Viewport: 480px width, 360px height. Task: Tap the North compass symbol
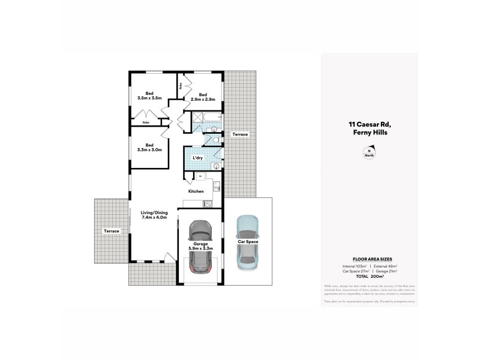[x=369, y=153]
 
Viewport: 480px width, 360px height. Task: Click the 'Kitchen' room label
[x=196, y=191]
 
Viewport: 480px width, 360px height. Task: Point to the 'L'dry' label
[x=197, y=158]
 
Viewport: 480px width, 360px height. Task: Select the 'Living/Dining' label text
[x=154, y=212]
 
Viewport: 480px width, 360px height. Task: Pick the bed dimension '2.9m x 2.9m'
[x=203, y=99]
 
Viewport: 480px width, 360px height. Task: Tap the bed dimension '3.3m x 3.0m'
[x=149, y=149]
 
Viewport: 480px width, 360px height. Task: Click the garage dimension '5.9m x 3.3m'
[x=201, y=248]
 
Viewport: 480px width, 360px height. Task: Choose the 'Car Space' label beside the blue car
[x=247, y=241]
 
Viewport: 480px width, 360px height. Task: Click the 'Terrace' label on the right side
[x=240, y=134]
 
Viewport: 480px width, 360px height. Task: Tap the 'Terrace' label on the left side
[x=111, y=231]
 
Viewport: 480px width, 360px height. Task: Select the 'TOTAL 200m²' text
[x=369, y=276]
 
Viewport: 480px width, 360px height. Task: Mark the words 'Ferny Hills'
[x=369, y=133]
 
